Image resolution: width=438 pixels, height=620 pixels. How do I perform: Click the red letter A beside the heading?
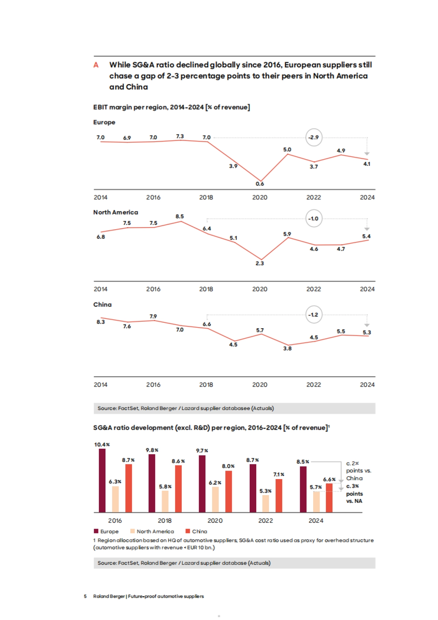point(96,65)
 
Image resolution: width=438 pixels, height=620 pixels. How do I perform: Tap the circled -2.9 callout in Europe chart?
point(314,137)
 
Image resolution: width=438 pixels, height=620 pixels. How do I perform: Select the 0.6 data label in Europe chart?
point(260,184)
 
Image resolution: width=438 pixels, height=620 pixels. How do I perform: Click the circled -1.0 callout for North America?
point(314,218)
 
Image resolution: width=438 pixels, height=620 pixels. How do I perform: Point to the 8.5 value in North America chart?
point(180,216)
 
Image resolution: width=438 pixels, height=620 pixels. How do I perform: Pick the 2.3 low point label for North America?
point(260,263)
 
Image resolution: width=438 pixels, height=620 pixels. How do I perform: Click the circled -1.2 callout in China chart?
point(314,314)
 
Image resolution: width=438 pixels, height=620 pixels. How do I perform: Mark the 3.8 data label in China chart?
point(287,348)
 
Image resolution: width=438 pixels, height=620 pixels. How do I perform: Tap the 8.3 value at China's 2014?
point(100,322)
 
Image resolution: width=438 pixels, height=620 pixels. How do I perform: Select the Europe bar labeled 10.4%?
point(102,480)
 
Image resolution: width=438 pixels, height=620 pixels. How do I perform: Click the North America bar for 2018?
point(165,501)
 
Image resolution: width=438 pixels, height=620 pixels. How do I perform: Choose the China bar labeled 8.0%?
point(228,491)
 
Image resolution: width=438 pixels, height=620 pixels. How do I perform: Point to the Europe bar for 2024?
point(303,489)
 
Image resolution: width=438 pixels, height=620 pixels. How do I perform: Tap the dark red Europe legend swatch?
point(96,531)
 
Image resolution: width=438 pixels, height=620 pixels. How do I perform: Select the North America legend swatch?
point(132,531)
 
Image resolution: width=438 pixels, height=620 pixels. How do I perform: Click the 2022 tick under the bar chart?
point(265,520)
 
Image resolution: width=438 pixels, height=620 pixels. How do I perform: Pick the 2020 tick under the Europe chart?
point(260,197)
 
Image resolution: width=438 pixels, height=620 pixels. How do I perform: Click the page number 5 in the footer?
point(85,596)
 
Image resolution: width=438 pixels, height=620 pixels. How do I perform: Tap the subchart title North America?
point(115,212)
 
